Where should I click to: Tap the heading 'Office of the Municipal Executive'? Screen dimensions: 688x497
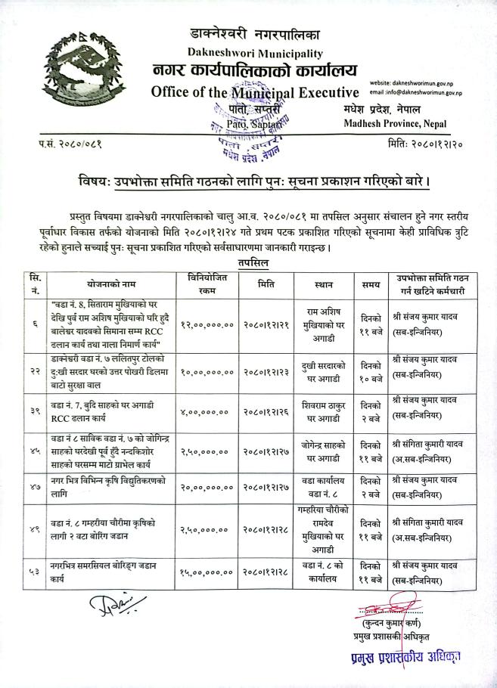253,93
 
